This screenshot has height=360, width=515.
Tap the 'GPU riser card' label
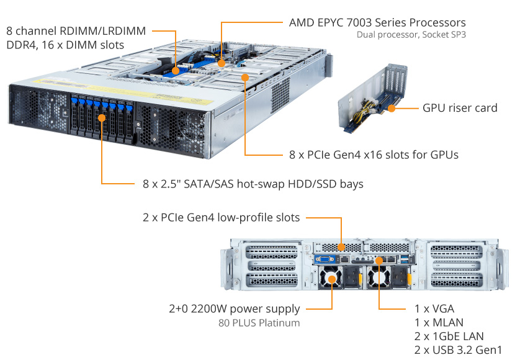click(x=460, y=108)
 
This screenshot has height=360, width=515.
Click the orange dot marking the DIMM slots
click(x=176, y=70)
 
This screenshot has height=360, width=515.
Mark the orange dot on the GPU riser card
click(x=392, y=108)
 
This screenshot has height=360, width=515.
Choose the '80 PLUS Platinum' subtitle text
click(x=259, y=323)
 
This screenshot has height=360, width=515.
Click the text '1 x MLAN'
click(x=439, y=322)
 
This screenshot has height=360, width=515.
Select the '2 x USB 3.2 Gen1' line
click(x=458, y=349)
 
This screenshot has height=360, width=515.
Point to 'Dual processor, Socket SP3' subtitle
click(x=411, y=35)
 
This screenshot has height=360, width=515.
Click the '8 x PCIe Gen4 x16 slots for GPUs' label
click(x=374, y=155)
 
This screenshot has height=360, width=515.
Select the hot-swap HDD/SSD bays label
click(x=253, y=184)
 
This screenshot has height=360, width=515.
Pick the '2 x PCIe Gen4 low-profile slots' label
click(x=221, y=217)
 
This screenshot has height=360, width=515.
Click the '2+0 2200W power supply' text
click(x=234, y=308)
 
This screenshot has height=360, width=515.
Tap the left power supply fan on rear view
click(x=332, y=280)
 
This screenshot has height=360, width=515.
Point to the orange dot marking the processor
click(x=222, y=63)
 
